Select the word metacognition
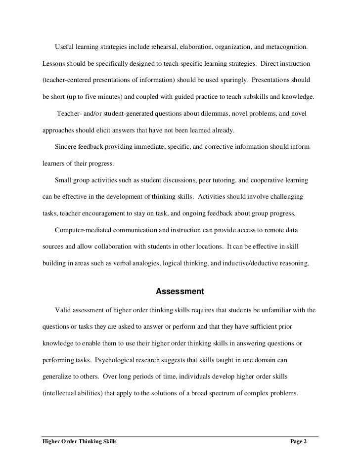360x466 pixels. (287, 46)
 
